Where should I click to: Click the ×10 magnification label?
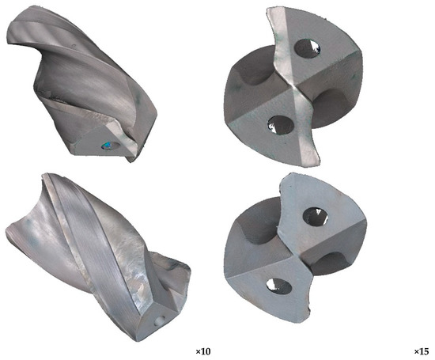click(x=203, y=351)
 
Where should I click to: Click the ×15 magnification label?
click(x=422, y=351)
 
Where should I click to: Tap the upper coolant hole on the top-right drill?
click(x=307, y=48)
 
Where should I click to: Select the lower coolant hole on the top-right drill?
click(x=281, y=125)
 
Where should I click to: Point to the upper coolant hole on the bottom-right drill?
click(x=315, y=216)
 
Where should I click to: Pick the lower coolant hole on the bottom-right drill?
click(x=279, y=286)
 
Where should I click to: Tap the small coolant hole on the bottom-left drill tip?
click(x=160, y=320)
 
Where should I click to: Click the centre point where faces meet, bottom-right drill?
click(x=295, y=256)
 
